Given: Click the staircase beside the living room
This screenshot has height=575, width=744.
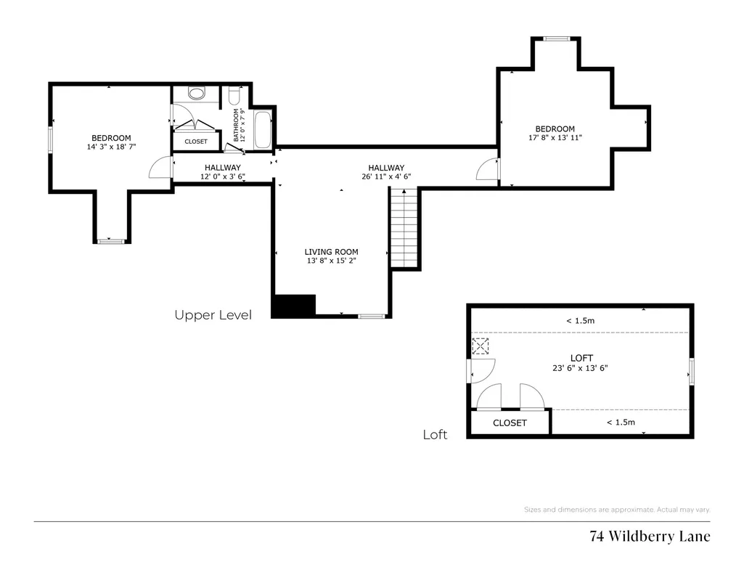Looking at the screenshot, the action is click(404, 228).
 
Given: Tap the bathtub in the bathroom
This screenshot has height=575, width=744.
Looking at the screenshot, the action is click(262, 130).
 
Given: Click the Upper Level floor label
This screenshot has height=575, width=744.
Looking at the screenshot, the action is click(213, 315).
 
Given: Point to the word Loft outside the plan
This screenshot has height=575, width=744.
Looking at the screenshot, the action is click(435, 435).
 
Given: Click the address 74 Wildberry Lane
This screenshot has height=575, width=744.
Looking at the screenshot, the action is click(650, 536).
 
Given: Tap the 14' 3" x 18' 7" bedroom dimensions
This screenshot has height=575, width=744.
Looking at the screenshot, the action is click(112, 147).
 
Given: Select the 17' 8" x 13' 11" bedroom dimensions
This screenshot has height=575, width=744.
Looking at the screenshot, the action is click(555, 138).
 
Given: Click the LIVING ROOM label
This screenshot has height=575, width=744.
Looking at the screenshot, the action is click(331, 252).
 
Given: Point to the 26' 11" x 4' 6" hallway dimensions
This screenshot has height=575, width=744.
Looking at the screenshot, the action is click(386, 176).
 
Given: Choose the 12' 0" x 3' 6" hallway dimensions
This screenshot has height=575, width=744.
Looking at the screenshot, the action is click(223, 176).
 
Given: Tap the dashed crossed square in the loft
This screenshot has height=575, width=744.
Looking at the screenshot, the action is click(481, 346).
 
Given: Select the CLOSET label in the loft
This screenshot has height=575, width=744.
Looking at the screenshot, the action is click(510, 423).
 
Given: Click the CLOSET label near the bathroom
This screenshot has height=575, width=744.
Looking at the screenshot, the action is click(196, 142).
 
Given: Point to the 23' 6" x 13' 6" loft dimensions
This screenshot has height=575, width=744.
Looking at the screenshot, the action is click(580, 367).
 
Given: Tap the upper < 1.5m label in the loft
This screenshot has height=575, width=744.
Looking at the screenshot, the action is click(580, 321).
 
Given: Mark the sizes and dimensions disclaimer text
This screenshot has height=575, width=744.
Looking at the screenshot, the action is click(617, 510).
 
